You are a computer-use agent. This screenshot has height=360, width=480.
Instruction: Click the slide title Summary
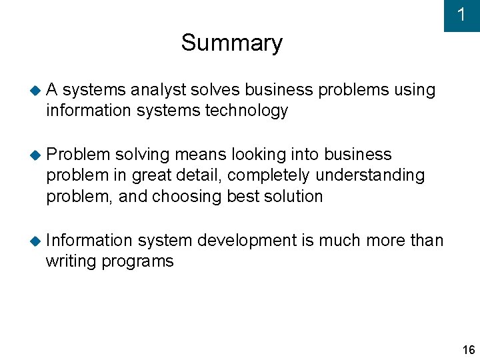[x=231, y=43]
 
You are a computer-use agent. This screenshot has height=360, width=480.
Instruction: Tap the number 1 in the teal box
[x=461, y=15]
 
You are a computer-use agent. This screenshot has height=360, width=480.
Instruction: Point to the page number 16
[x=468, y=350]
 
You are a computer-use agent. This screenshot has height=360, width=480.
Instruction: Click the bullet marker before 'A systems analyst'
[x=35, y=90]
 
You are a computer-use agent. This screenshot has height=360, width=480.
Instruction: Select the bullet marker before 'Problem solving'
[x=35, y=155]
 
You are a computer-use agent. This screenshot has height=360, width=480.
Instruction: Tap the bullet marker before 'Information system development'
[x=35, y=241]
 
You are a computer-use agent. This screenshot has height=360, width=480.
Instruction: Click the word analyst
[x=160, y=90]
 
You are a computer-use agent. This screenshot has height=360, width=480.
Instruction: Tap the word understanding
[x=370, y=176]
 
